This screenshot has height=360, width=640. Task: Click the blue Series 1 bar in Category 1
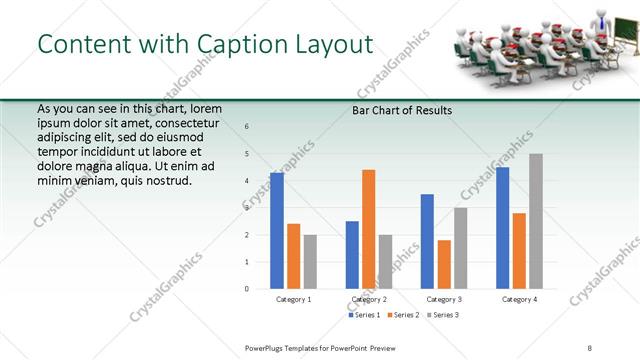[277, 231]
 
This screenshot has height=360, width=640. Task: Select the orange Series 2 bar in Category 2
[368, 229]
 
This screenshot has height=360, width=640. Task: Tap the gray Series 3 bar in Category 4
[536, 221]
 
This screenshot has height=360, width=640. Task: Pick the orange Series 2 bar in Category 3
[444, 264]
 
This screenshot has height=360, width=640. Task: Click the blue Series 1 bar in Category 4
[502, 228]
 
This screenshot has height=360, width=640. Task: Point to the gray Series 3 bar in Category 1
[310, 262]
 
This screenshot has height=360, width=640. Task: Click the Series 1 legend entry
[364, 315]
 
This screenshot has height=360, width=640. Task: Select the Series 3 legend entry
[445, 315]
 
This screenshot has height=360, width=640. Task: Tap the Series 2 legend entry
[405, 315]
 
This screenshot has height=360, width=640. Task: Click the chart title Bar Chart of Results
[402, 110]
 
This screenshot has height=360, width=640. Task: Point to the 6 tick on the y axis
[247, 127]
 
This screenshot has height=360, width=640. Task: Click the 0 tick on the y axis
[247, 289]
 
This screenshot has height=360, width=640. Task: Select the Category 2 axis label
[369, 299]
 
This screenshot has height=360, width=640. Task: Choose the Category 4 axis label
[519, 299]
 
